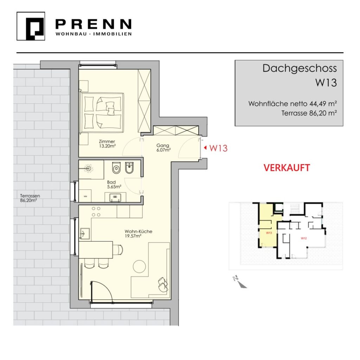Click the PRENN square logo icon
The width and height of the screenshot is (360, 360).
click(x=31, y=26)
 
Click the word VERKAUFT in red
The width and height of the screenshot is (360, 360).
click(x=287, y=168)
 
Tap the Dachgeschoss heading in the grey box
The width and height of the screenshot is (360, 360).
click(x=300, y=69)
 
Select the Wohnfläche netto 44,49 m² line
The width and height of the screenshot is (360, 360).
click(x=292, y=104)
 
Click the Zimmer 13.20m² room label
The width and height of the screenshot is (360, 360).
click(x=107, y=144)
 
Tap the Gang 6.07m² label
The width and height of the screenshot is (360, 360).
click(x=163, y=148)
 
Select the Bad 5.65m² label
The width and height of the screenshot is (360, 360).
click(x=114, y=185)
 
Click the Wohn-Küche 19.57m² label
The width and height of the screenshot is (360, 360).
click(x=138, y=233)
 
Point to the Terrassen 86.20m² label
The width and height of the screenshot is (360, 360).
click(x=30, y=198)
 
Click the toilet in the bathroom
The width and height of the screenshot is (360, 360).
click(x=116, y=168)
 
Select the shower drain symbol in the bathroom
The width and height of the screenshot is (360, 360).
click(x=89, y=169)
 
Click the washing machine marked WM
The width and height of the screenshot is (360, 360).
click(x=85, y=196)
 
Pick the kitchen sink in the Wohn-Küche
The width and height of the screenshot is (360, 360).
click(x=84, y=234)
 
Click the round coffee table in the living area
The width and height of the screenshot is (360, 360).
click(x=139, y=266)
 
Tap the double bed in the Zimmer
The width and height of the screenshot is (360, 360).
click(x=102, y=113)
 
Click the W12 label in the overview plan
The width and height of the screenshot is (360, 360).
click(x=304, y=238)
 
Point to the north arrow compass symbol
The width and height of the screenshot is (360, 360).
click(x=239, y=282)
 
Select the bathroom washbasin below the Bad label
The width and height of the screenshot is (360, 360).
click(x=115, y=197)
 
